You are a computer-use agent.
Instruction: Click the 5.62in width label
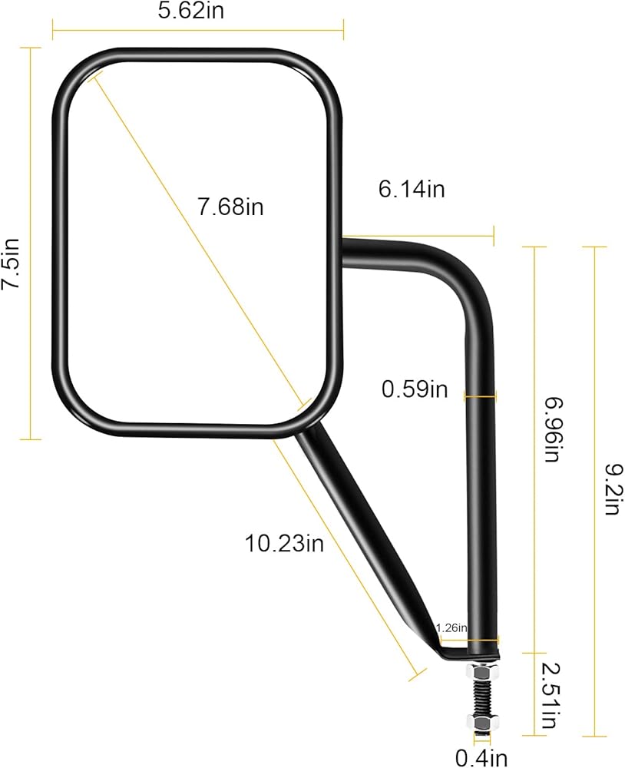(191, 11)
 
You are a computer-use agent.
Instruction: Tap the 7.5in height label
(10, 263)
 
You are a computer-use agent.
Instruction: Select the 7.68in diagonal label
(230, 206)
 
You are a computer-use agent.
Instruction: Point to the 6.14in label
(412, 189)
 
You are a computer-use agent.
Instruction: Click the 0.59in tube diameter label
(415, 389)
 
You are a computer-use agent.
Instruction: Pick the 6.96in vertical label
(553, 429)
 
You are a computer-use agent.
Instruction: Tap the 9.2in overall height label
(613, 489)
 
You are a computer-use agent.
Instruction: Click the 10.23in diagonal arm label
(284, 543)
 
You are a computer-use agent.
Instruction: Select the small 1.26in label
(451, 627)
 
